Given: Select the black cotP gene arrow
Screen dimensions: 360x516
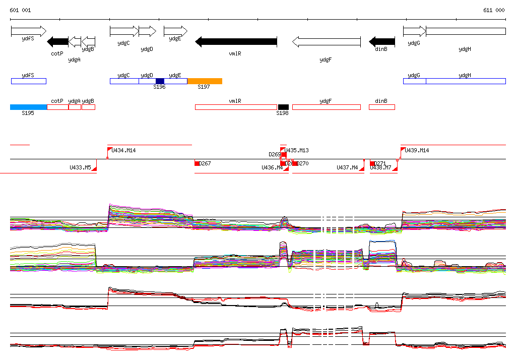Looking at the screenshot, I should point(57,42).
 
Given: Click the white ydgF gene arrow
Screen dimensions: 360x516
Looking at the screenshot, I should point(327,42).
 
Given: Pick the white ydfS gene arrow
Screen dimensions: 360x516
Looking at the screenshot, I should point(28,31).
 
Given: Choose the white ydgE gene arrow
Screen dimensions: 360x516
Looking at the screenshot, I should point(175,31).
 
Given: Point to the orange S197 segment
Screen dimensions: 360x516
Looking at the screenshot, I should point(205,81).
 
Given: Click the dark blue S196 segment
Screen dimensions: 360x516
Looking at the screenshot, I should point(160,81).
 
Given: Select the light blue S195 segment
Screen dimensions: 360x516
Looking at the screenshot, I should point(29,107).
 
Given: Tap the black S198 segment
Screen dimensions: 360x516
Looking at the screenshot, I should point(283,107).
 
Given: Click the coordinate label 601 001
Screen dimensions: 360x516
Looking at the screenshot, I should point(20,10).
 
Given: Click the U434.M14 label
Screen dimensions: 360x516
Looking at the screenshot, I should point(123,150).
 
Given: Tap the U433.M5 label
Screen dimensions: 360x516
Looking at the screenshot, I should point(80,167).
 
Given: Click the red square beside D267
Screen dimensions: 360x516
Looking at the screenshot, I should point(197,163).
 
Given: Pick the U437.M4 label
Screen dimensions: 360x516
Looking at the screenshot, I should point(347,167).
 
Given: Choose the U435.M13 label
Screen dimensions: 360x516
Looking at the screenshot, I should point(297,150).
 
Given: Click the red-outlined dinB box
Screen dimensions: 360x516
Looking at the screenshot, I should point(382,107).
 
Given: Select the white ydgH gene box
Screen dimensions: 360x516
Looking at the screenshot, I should point(466,31).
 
